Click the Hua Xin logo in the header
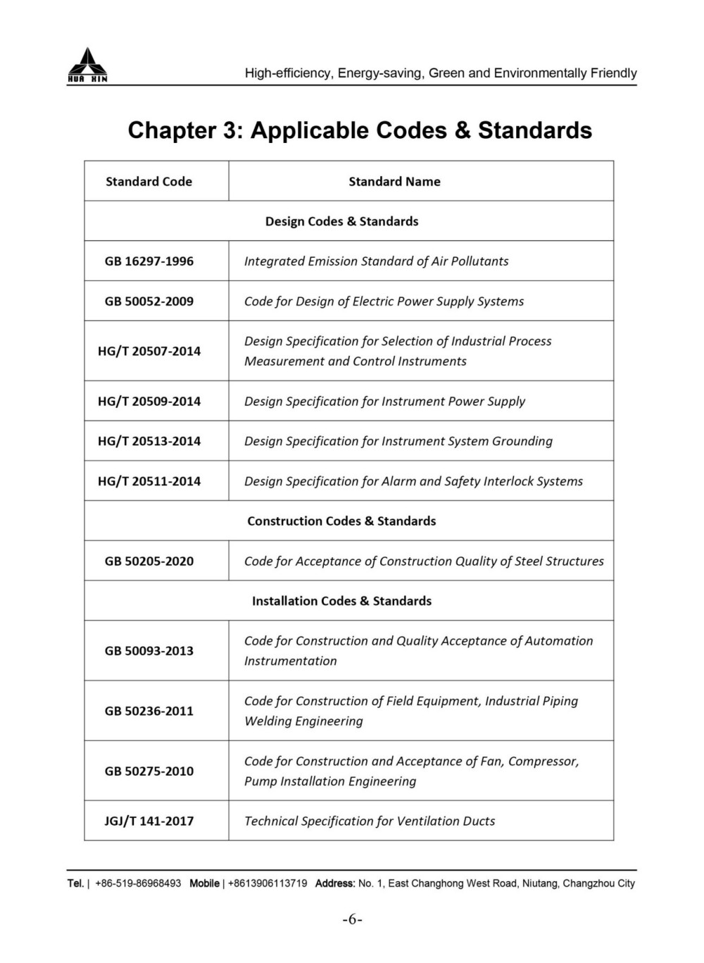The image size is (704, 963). coord(87,65)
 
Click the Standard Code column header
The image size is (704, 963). coord(149,181)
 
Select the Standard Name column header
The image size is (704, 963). coord(394,181)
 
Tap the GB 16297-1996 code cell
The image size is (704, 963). coord(149,261)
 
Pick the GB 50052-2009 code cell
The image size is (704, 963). coord(149,302)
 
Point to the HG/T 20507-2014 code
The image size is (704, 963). coord(149,351)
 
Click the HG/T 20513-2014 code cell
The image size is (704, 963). coord(149,441)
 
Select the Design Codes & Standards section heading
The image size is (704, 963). coord(341,221)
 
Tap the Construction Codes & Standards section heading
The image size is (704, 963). coord(341,521)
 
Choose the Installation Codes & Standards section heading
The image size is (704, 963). coord(341,601)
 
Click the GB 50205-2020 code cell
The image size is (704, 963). coord(149,561)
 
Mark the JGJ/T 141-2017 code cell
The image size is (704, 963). coord(149,821)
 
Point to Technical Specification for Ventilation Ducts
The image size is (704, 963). coord(370,821)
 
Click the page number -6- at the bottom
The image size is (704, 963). coord(352,919)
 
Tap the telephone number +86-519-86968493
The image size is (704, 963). coord(138,883)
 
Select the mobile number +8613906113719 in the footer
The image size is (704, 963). coord(268,883)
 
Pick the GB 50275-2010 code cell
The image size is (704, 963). coord(149,771)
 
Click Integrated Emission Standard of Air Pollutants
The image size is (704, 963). coord(376,261)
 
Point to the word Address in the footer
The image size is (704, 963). coord(334,883)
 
